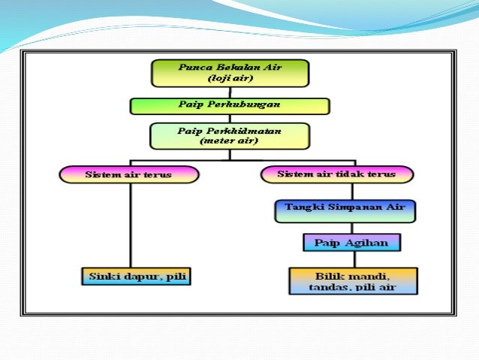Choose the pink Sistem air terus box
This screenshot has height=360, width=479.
point(129,175)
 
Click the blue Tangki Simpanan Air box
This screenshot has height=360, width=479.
point(345,211)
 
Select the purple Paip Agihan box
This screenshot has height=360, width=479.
point(351,243)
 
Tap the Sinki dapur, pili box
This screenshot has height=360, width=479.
point(135,277)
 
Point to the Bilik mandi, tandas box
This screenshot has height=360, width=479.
point(352,281)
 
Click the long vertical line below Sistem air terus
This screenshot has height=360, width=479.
point(131,225)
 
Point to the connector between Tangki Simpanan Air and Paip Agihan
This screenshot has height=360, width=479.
point(345,228)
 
